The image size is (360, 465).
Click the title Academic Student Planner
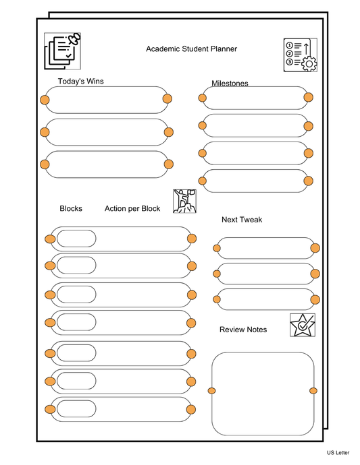[191, 49]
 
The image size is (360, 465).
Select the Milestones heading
[230, 84]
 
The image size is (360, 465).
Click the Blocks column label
[71, 209]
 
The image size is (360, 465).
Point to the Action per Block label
[132, 209]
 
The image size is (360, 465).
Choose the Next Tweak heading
[242, 220]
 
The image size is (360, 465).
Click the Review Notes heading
[243, 330]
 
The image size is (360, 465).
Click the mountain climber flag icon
[184, 201]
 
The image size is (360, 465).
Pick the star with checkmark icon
[302, 325]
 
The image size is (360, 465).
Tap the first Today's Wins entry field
[106, 100]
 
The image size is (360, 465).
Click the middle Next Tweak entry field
[266, 274]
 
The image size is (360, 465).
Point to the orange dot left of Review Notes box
[211, 391]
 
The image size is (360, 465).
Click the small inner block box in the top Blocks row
[76, 239]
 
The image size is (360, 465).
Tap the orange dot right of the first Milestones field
[308, 98]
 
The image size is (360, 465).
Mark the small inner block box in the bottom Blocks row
[76, 409]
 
